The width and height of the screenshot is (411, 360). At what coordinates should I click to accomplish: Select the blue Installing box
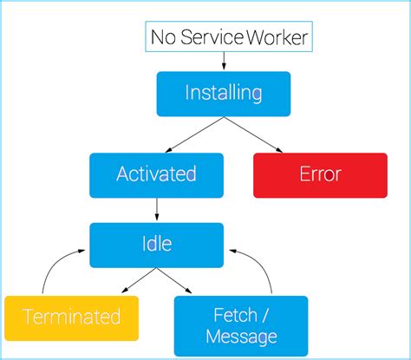[224, 93]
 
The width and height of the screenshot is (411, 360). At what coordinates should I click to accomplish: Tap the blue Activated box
[156, 174]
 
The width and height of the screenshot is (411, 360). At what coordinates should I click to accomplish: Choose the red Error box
[320, 174]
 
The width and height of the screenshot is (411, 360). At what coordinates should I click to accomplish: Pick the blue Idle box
[156, 245]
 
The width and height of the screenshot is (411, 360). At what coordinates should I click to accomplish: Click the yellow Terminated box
[71, 317]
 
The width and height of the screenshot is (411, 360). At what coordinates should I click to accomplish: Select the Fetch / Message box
[241, 325]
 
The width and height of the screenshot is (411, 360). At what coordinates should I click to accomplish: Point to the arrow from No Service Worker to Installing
[224, 61]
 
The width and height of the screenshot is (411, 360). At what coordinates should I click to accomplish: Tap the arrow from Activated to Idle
[156, 208]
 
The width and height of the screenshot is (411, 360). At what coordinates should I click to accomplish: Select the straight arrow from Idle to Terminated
[131, 280]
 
